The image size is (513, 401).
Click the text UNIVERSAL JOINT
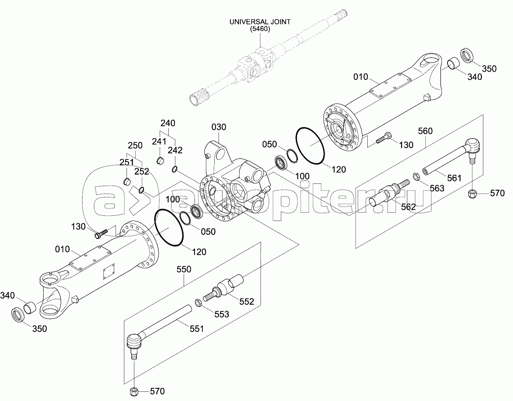click(x=260, y=21)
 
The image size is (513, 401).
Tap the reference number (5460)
click(x=260, y=29)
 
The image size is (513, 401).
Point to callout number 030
click(x=219, y=127)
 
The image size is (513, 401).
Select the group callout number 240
click(x=168, y=123)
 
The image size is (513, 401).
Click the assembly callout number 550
click(x=184, y=270)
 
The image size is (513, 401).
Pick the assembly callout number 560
click(x=425, y=131)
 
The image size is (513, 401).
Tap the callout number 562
click(x=408, y=207)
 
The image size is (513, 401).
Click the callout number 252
click(x=142, y=171)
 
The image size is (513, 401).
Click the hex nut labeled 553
click(x=197, y=301)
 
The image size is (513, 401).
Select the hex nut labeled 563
click(x=416, y=177)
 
